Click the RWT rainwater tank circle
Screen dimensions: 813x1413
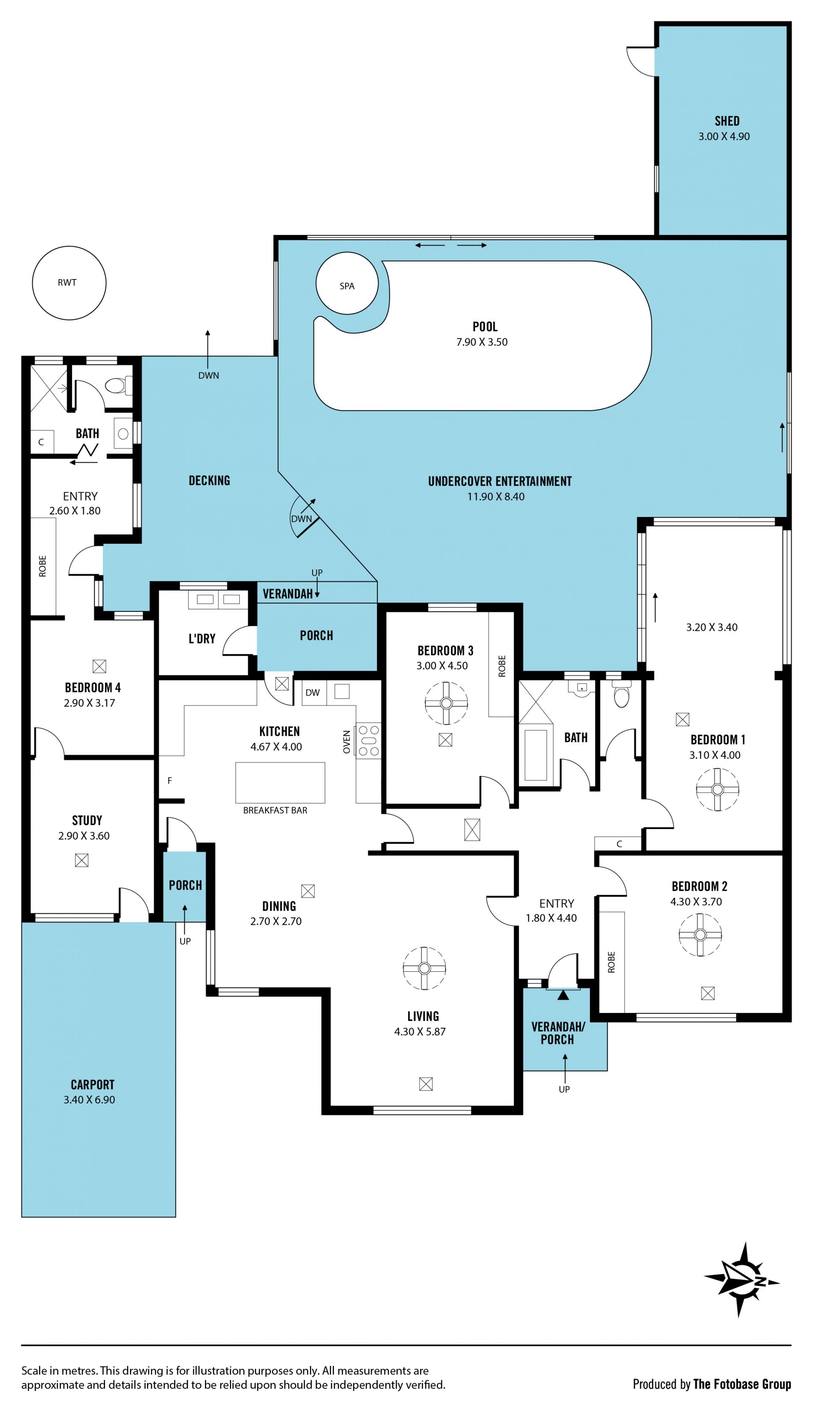69,283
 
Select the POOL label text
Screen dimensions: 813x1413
485,326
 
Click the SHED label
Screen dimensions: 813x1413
727,121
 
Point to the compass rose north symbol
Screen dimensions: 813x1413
742,1279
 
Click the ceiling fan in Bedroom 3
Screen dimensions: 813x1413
446,703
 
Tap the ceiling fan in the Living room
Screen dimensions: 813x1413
424,968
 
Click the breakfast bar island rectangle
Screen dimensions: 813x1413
280,783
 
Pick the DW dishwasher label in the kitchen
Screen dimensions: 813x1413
312,693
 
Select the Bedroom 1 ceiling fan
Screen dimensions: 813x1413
718,789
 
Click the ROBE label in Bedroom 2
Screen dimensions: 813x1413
611,962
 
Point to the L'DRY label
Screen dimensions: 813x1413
202,639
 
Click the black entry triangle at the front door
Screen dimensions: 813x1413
563,995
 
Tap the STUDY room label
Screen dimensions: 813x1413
87,821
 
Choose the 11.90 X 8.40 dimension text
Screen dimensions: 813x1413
496,497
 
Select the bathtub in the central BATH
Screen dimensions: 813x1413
536,755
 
